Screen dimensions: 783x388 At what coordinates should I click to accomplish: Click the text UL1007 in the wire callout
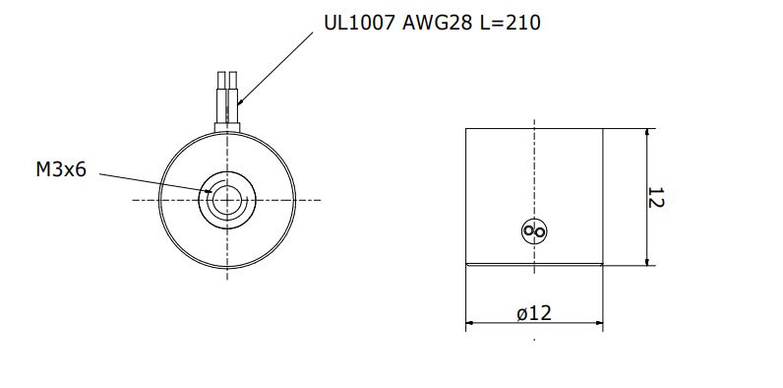(x=360, y=23)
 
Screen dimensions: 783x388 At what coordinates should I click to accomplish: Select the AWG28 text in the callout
(x=437, y=23)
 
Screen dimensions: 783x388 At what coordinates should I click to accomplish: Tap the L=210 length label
(x=510, y=23)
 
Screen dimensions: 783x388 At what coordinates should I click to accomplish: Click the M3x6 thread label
(x=61, y=170)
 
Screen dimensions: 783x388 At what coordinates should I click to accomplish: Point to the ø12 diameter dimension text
(x=534, y=313)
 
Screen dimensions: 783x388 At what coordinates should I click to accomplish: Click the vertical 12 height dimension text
(x=656, y=198)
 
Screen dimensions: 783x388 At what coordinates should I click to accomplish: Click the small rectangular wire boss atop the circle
(x=227, y=127)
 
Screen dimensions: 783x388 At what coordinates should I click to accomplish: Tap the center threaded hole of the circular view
(x=227, y=200)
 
